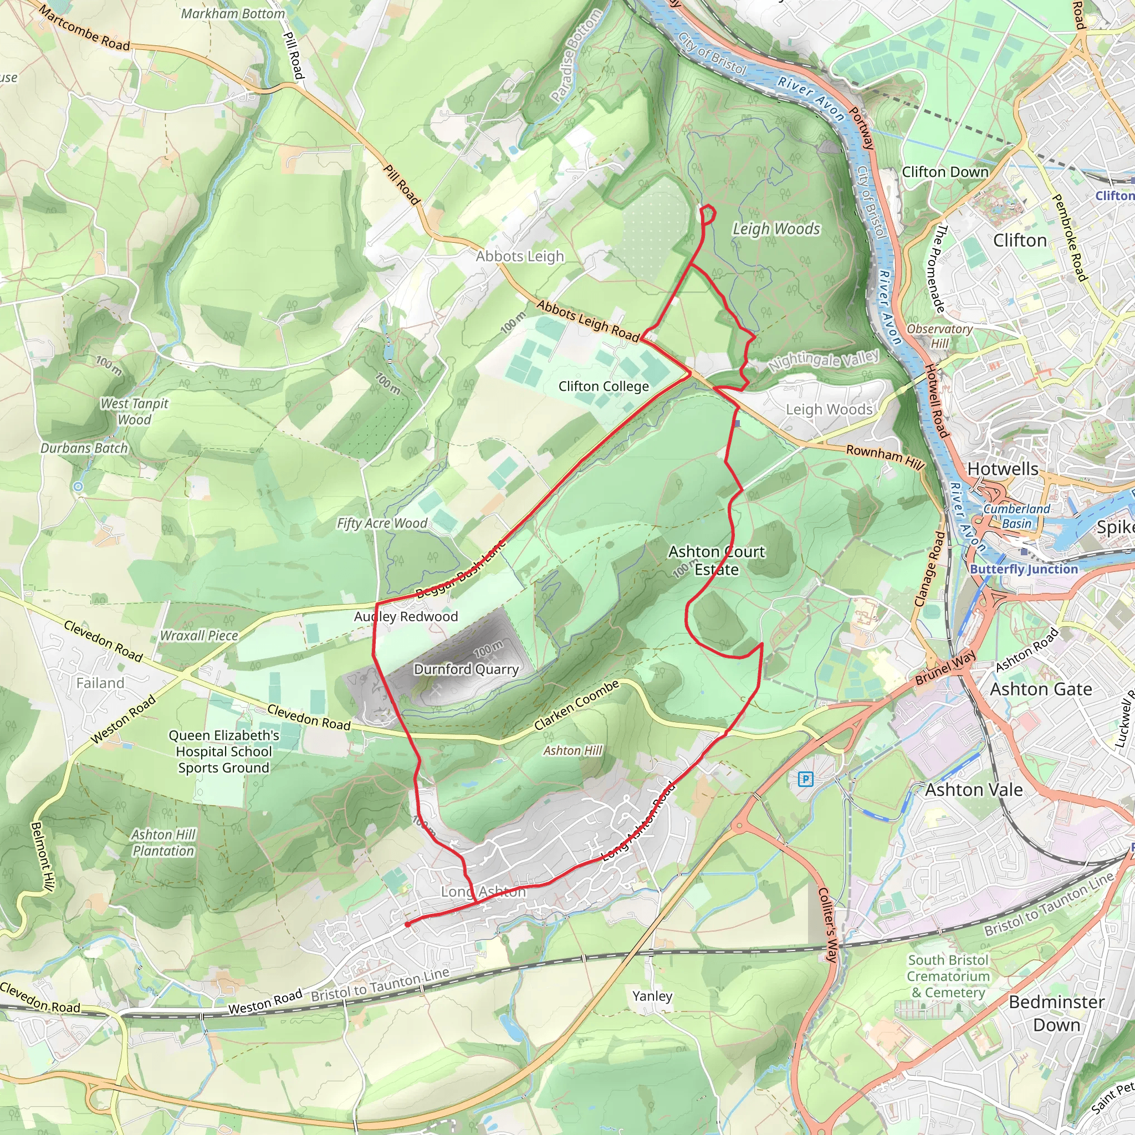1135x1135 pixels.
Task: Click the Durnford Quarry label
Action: pyautogui.click(x=467, y=669)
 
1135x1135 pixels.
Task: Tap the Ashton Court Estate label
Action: pyautogui.click(x=716, y=560)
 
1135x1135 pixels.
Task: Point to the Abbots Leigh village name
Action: pyautogui.click(x=519, y=256)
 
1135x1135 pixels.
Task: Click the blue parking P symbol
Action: pyautogui.click(x=805, y=780)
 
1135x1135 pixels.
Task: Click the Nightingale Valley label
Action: pyautogui.click(x=824, y=360)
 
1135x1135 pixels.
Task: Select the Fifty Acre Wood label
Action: pyautogui.click(x=382, y=523)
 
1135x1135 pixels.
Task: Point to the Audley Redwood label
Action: pyautogui.click(x=405, y=616)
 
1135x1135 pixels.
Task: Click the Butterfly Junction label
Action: pyautogui.click(x=1024, y=569)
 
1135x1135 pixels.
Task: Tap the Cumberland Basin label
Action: pyautogui.click(x=1016, y=516)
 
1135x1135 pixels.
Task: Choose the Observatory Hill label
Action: pyautogui.click(x=939, y=336)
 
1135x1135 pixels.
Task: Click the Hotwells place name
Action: pyautogui.click(x=1003, y=469)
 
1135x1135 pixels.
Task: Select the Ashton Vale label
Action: pyautogui.click(x=973, y=790)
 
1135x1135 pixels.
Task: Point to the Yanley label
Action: pyautogui.click(x=652, y=996)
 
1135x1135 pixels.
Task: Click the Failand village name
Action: pyautogui.click(x=100, y=683)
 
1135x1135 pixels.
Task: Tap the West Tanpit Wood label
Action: pyautogui.click(x=134, y=411)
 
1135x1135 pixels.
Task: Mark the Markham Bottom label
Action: pyautogui.click(x=233, y=13)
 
